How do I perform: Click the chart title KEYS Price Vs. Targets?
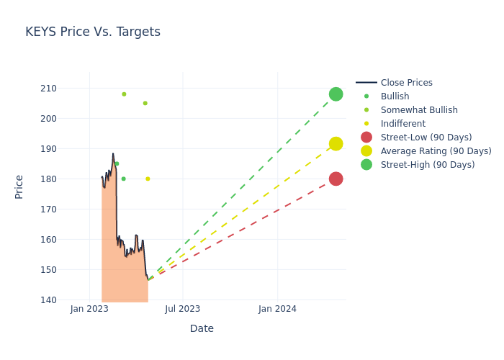pos(93,32)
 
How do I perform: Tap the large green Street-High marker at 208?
pos(336,94)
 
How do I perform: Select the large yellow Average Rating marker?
pos(336,144)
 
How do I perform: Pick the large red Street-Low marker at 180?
pos(336,179)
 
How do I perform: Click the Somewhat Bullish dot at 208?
pos(124,94)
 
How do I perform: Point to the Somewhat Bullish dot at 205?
pos(145,103)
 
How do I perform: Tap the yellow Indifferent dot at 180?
pos(148,179)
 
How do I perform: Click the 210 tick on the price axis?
pos(68,89)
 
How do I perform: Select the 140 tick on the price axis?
pos(68,300)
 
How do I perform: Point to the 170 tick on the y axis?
pos(68,210)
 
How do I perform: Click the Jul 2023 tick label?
pos(182,309)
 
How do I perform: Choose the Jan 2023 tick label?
pos(89,309)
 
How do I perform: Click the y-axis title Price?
pos(19,186)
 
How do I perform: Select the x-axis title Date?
pos(202,329)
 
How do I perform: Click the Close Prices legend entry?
pos(406,83)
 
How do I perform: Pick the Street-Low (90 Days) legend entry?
pos(426,138)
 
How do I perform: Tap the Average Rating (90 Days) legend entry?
pos(436,151)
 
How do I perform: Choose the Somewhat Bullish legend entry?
pos(418,110)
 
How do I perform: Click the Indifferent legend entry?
pos(402,124)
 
